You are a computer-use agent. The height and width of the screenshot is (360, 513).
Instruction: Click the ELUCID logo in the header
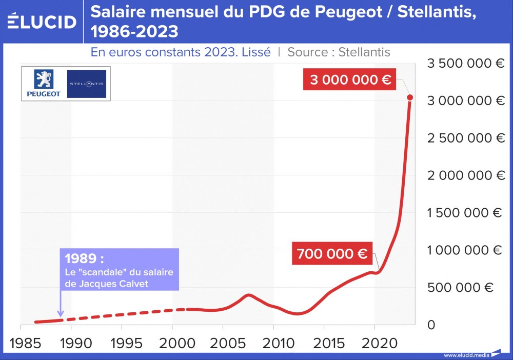[42, 22]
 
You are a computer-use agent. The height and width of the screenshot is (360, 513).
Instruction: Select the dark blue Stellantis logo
[86, 84]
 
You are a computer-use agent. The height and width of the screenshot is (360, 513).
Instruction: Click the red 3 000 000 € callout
[350, 80]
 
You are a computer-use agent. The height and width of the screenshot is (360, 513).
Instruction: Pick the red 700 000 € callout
[332, 253]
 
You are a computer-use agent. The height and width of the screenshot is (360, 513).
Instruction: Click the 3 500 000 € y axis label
[466, 64]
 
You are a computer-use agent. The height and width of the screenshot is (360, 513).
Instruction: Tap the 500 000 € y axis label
[460, 288]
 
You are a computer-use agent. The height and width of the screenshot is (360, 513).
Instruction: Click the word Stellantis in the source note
[364, 52]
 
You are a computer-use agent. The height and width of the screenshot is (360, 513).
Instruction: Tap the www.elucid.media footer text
[466, 355]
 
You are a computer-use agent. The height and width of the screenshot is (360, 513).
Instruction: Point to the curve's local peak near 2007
[249, 295]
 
